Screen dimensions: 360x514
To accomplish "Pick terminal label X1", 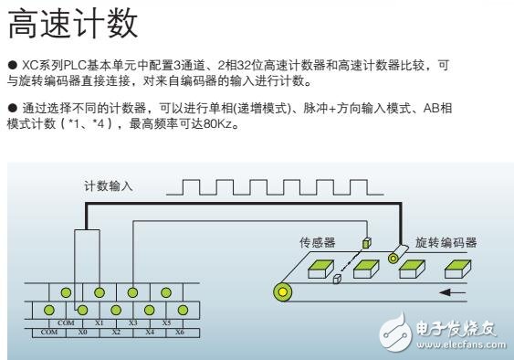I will coord(100,323).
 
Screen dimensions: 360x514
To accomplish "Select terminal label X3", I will coord(133,323).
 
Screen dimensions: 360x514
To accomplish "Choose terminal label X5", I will coord(166,323).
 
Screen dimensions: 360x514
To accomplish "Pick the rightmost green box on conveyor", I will coord(456,269).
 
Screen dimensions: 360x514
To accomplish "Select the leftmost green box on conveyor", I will coord(321,269).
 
